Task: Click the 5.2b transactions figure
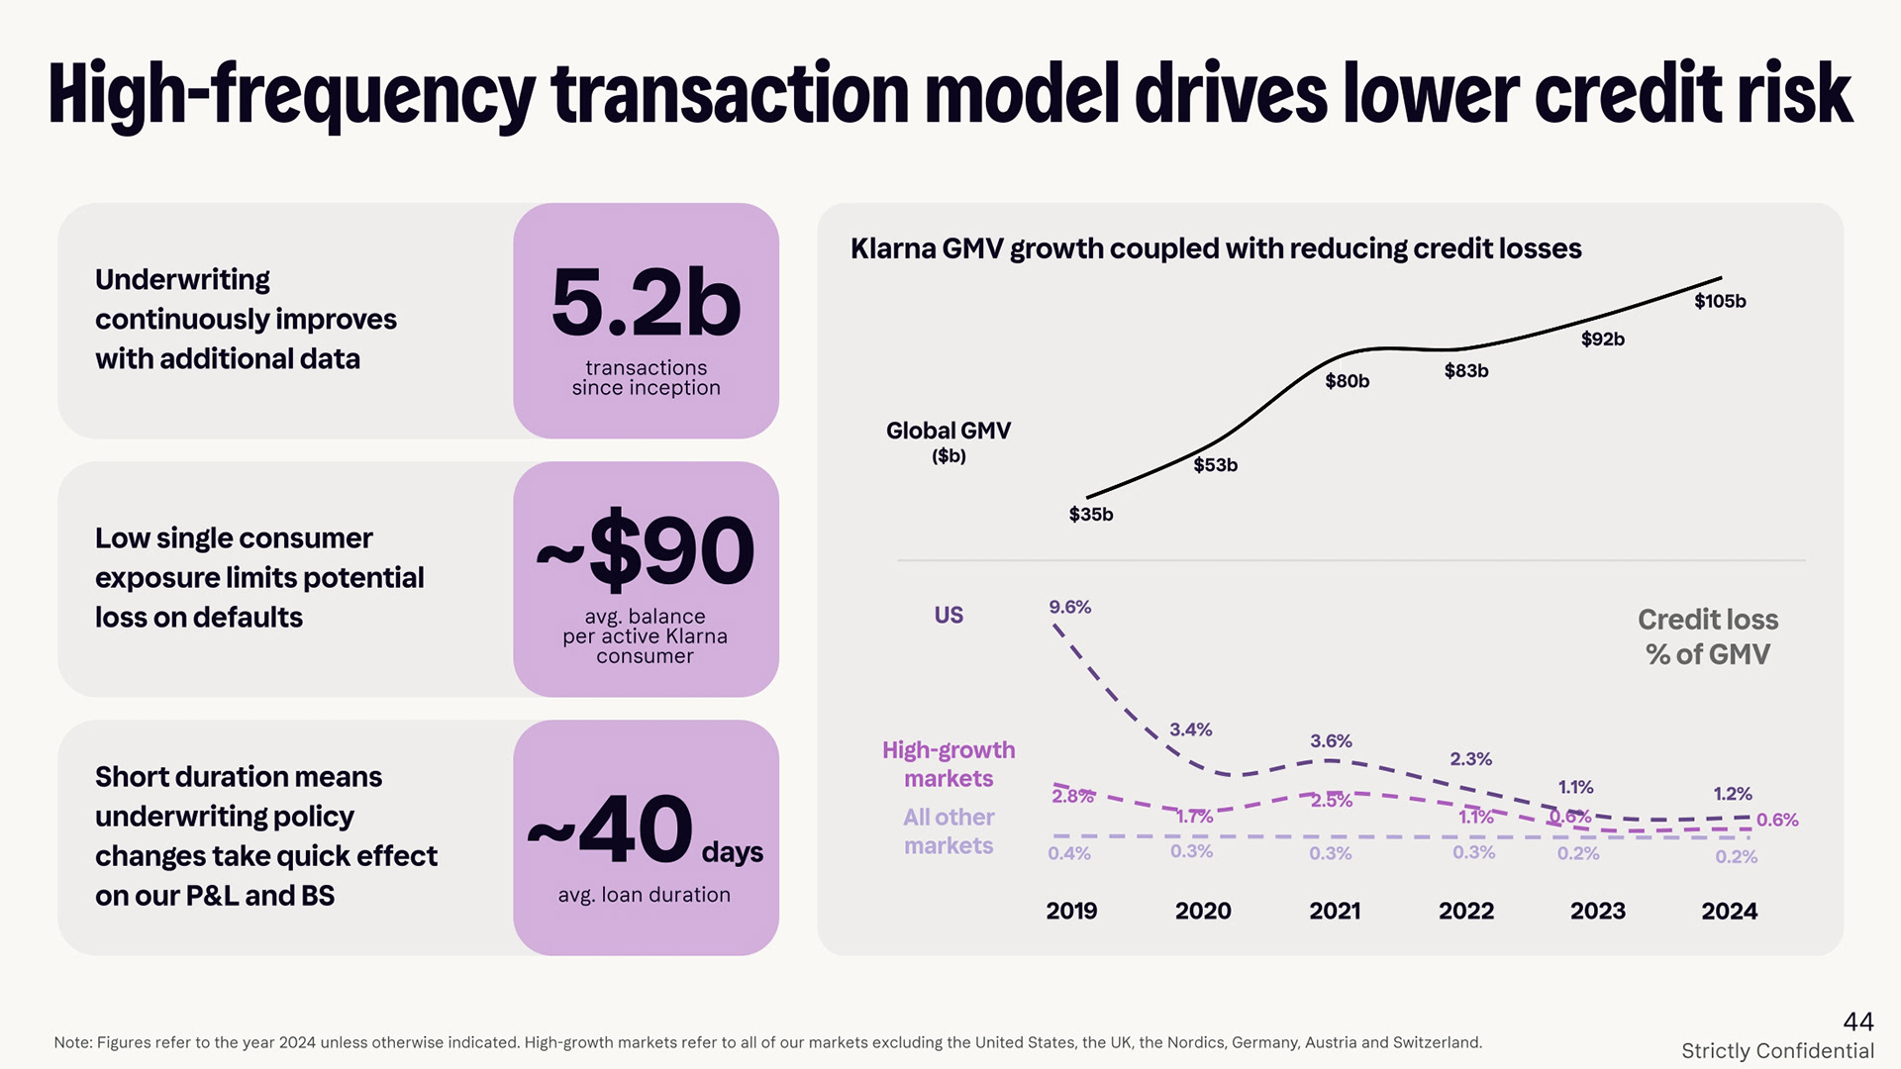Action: (646, 304)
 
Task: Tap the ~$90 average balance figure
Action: (646, 550)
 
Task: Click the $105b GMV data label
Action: (1720, 301)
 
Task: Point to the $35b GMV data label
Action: (1091, 515)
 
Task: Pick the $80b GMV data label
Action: (1347, 381)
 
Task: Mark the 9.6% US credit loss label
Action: (1070, 607)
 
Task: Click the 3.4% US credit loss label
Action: (1190, 729)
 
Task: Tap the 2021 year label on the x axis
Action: (1335, 911)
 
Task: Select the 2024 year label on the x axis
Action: (1729, 911)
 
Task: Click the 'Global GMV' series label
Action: (949, 432)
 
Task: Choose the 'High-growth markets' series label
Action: (949, 764)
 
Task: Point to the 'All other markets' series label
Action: (949, 831)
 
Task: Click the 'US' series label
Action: (949, 615)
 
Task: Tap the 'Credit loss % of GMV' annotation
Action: (1708, 636)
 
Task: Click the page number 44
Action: (1858, 1021)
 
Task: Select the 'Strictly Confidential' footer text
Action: (1777, 1051)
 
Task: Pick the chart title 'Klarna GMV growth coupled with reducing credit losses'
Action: (1216, 248)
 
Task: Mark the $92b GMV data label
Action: (1602, 340)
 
